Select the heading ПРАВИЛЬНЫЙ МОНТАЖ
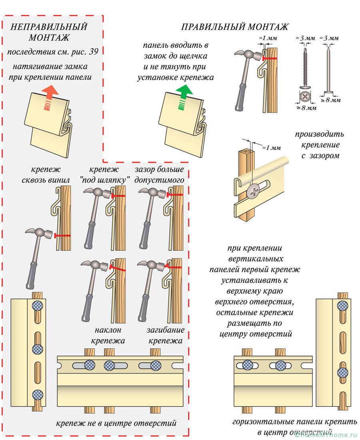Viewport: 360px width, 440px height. [x=235, y=27]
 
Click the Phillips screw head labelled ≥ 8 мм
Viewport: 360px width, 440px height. [x=306, y=96]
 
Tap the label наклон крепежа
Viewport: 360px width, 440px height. [x=108, y=336]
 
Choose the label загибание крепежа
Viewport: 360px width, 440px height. [x=166, y=336]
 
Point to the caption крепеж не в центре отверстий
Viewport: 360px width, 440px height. [x=116, y=423]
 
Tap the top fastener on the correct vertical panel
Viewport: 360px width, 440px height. [x=342, y=307]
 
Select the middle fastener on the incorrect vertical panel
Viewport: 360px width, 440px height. [x=38, y=348]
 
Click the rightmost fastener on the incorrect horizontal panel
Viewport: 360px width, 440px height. [x=155, y=365]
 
